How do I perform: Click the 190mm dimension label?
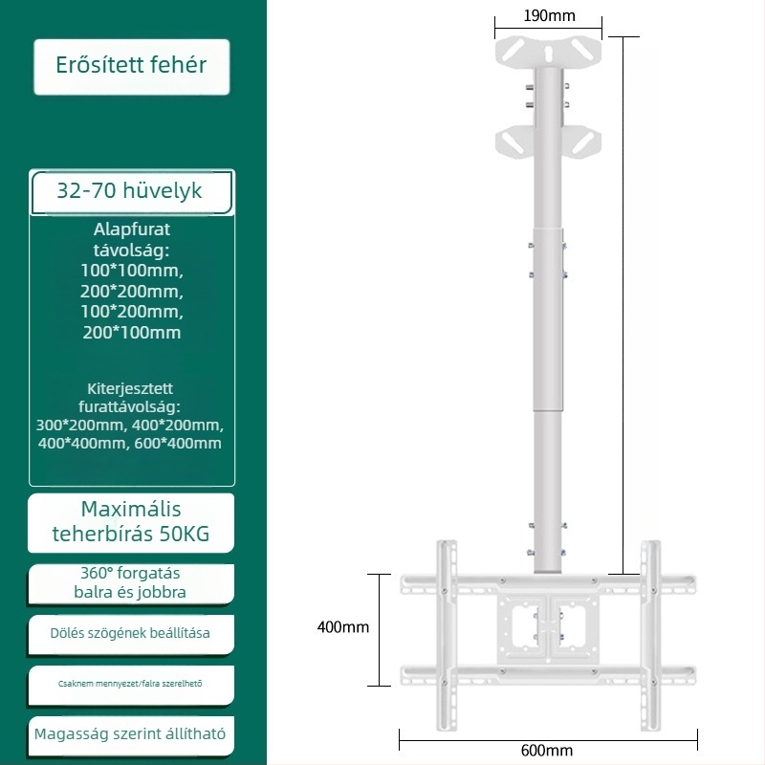point(549,16)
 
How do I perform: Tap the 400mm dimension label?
point(343,627)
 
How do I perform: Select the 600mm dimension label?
point(547,751)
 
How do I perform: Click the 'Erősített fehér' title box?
point(132,67)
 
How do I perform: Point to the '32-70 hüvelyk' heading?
point(129,190)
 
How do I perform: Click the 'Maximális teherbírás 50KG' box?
point(131,522)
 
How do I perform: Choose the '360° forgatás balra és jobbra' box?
point(131,583)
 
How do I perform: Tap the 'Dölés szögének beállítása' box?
point(131,634)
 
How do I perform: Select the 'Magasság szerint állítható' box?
point(131,734)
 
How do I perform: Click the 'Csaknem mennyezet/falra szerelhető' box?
point(131,685)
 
